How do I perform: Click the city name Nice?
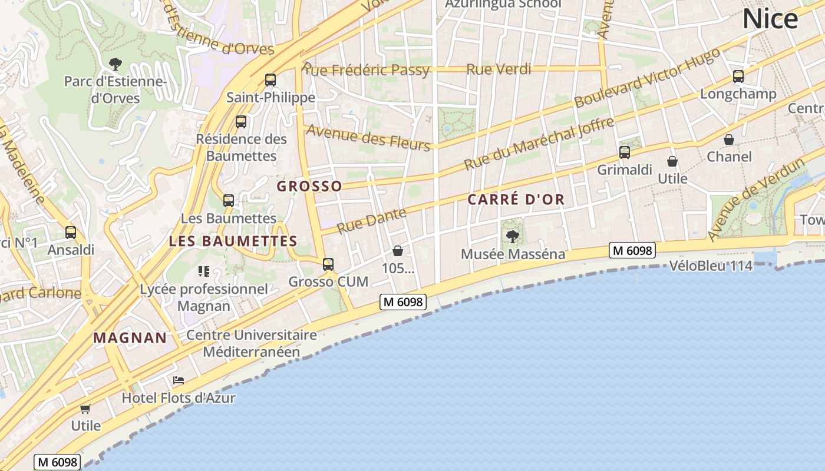(x=770, y=19)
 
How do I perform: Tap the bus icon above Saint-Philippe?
(x=270, y=80)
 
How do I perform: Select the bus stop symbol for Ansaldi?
(x=71, y=233)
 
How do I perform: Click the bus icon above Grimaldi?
(x=625, y=152)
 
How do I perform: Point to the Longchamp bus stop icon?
(x=738, y=77)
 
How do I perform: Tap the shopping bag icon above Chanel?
(x=729, y=140)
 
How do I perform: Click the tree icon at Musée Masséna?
(x=513, y=237)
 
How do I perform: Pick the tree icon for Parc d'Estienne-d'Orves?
(x=115, y=64)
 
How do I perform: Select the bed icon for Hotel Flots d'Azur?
(x=179, y=380)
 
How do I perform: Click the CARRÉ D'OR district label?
(x=516, y=200)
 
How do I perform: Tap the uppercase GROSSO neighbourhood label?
(x=309, y=187)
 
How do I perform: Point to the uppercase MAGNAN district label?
(x=130, y=338)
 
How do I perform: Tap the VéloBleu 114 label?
(x=711, y=266)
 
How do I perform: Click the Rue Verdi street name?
(x=499, y=69)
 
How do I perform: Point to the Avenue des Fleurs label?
(x=368, y=138)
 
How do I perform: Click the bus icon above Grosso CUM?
(x=328, y=264)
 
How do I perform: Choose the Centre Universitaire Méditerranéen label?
(x=252, y=344)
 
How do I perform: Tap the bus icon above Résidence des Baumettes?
(x=241, y=122)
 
